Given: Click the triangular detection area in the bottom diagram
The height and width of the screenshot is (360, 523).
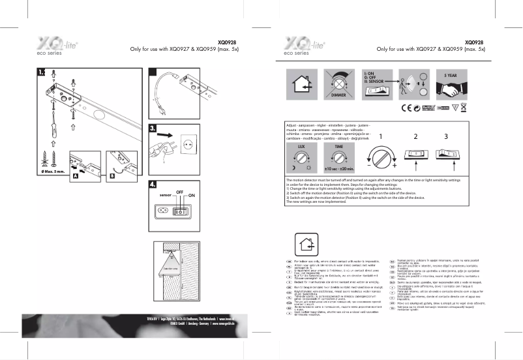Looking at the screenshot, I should click(170, 268).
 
